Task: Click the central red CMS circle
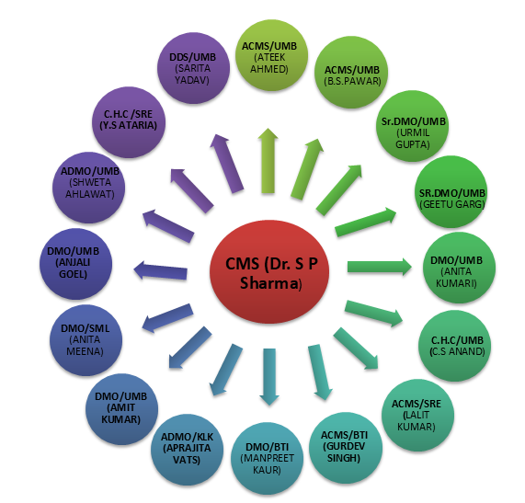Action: tap(269, 272)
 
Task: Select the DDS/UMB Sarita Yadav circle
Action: tap(193, 68)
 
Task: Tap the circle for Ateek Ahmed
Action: tap(271, 55)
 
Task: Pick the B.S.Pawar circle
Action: tap(351, 73)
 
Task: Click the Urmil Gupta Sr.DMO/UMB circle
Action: tap(412, 126)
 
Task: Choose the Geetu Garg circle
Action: tap(451, 191)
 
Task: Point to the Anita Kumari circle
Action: tap(459, 268)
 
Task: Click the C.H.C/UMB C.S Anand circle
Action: tap(455, 346)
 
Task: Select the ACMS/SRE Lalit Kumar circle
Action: tap(417, 416)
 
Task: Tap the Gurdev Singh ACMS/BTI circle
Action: tap(346, 448)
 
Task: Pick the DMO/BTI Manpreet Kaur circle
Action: tap(268, 459)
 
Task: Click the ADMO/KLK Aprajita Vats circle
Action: tap(187, 450)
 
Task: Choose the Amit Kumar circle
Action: tap(122, 409)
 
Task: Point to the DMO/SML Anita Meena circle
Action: tap(86, 340)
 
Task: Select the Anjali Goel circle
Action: tap(75, 264)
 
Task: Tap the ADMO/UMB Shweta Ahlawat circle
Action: tap(89, 188)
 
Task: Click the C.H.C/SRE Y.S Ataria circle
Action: tap(129, 122)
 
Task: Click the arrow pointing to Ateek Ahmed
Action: tap(268, 161)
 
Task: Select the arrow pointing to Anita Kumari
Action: tap(380, 267)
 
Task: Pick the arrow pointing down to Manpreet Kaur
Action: tap(269, 377)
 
